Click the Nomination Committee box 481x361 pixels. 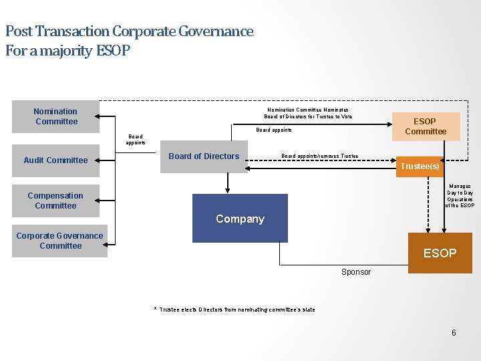(56, 116)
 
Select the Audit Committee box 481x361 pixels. (56, 160)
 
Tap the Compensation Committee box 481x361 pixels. (55, 201)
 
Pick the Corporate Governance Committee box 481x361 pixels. (60, 241)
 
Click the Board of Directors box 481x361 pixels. (204, 157)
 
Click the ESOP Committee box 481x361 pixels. (425, 126)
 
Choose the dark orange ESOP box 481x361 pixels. (440, 253)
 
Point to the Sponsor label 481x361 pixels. (356, 272)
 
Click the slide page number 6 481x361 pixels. (454, 333)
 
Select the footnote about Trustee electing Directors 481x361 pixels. (235, 310)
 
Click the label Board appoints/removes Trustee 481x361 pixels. (319, 156)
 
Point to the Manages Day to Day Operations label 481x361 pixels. (460, 196)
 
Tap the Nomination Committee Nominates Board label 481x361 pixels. (308, 113)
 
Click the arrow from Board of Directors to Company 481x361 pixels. (228, 183)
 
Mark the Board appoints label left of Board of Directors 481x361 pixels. (136, 140)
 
